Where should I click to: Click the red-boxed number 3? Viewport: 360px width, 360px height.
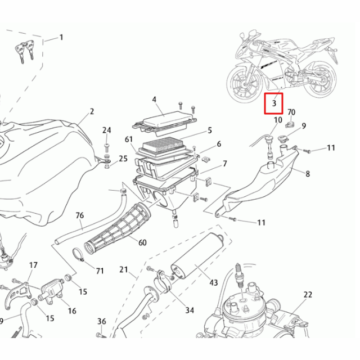pos(273,103)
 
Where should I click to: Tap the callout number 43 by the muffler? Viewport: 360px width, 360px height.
pos(213,282)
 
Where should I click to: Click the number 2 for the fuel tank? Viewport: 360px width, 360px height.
pos(92,111)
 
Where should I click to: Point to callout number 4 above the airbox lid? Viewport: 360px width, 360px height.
pos(154,100)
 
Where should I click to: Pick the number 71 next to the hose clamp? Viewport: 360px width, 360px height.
pos(100,271)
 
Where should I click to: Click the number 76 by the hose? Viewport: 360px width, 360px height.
pos(79,215)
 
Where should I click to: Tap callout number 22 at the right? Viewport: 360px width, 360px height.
pos(307,295)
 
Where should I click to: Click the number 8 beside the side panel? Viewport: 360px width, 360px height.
pos(308,174)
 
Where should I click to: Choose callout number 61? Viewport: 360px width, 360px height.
pos(129,139)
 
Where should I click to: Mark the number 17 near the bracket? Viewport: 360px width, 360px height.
pos(33,265)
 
